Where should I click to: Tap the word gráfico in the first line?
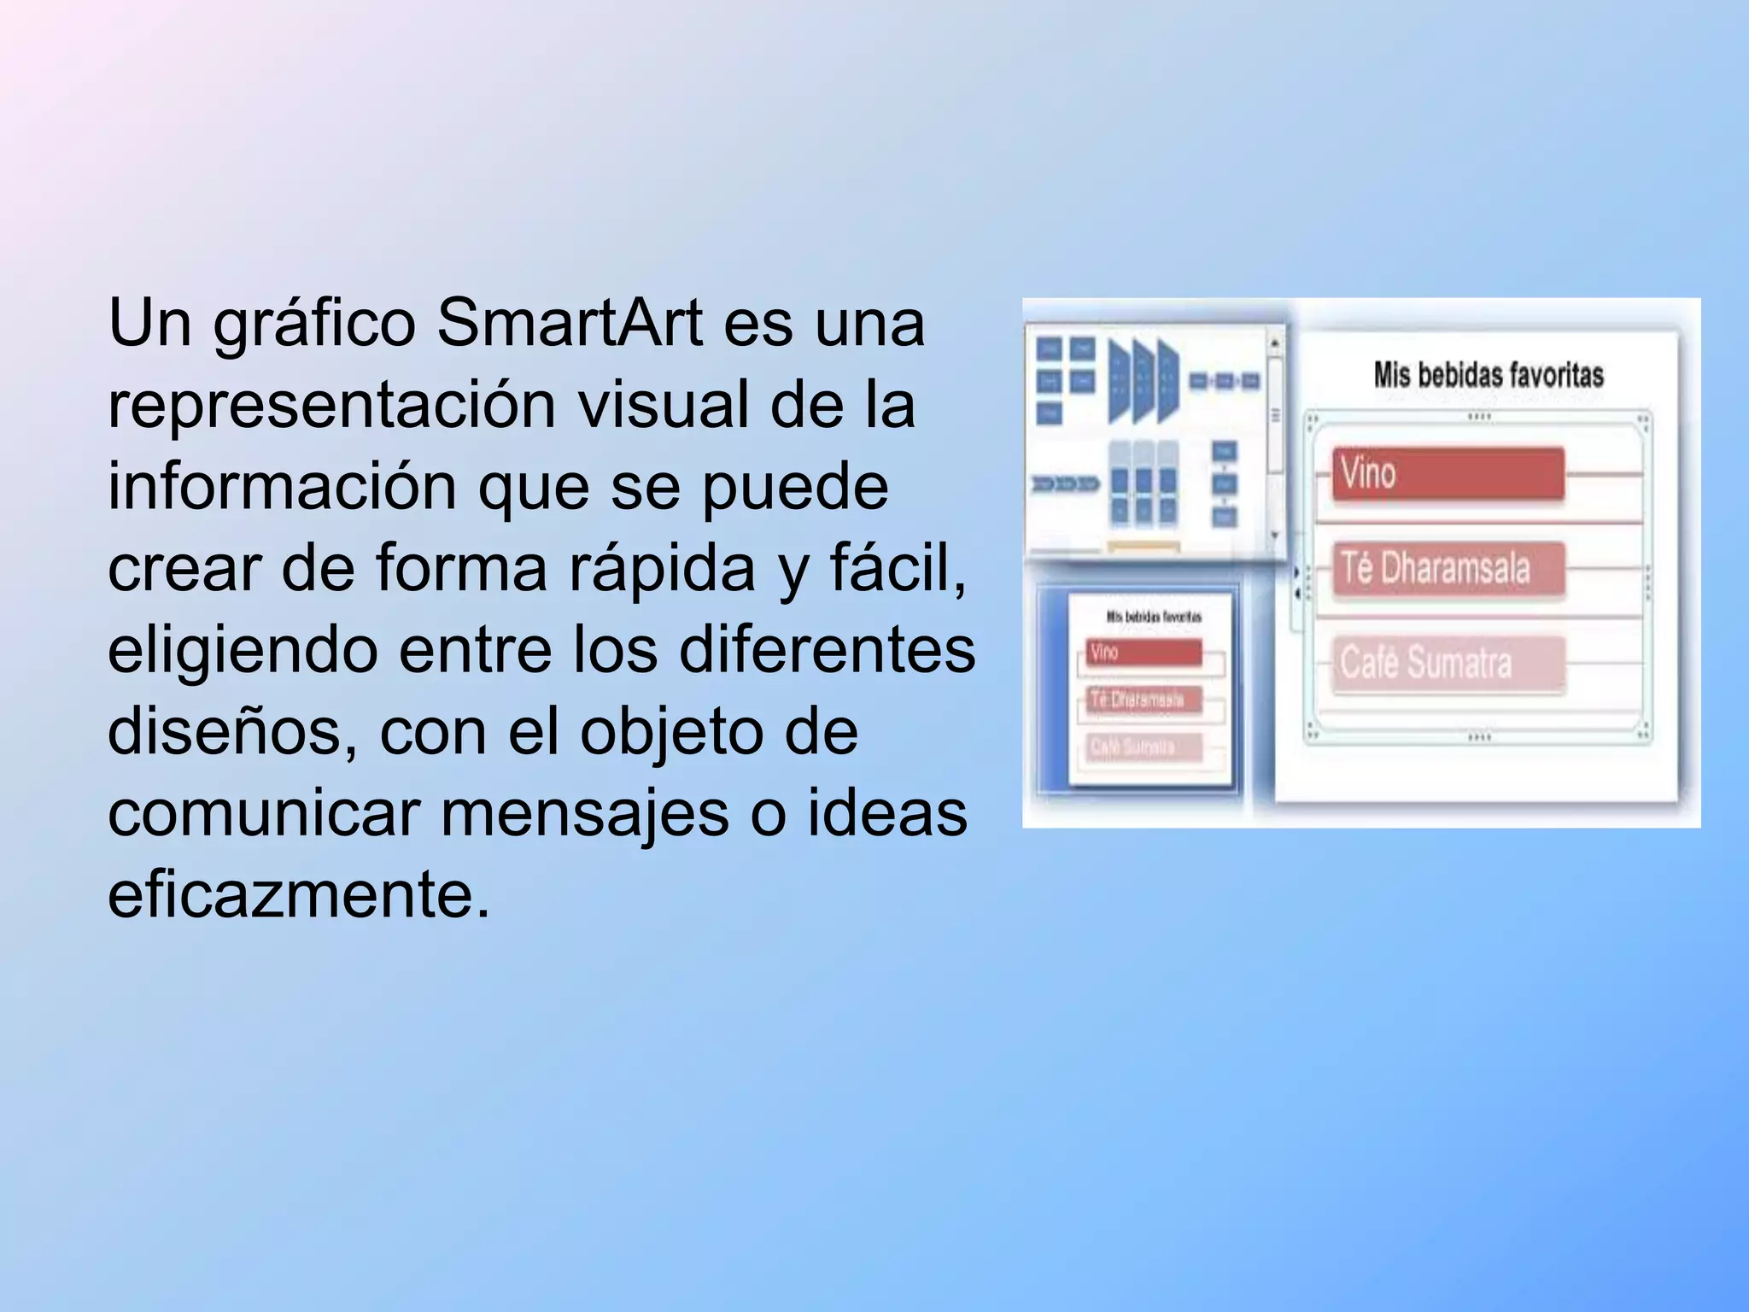[314, 325]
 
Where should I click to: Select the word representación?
[332, 405]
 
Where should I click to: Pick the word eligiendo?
[243, 651]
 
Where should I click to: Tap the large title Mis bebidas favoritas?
[1488, 375]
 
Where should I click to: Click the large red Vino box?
[1448, 472]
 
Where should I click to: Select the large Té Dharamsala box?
[1448, 568]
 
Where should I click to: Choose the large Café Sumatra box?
[1448, 663]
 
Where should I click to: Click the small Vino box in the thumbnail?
[1144, 653]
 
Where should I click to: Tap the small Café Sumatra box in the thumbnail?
[1144, 747]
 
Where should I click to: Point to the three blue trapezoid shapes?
[1144, 380]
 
